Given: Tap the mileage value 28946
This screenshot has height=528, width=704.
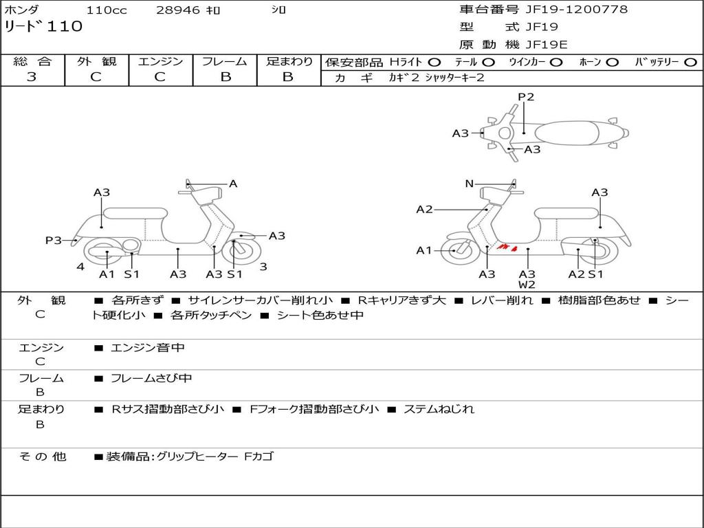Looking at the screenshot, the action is coord(177,10).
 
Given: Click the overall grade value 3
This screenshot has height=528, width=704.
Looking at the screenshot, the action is coord(32,77).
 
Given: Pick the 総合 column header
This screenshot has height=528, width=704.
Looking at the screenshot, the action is coord(32,61).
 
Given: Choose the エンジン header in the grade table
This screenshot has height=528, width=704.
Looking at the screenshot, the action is coord(160,61).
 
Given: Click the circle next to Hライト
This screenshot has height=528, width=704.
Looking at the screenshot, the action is coord(434,62).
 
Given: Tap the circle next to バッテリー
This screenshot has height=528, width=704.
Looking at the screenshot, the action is coord(690,62).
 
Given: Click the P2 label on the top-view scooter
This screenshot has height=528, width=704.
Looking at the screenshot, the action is coord(526,97).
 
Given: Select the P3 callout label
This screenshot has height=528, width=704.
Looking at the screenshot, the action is coord(54,240).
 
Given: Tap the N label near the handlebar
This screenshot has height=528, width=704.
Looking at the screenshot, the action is coord(470,184).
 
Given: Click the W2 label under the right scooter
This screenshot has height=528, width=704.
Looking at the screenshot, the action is coord(527,285).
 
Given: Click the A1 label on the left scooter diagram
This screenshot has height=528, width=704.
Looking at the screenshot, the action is coord(107,274).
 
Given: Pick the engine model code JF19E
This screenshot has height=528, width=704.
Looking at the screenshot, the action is coord(547,45).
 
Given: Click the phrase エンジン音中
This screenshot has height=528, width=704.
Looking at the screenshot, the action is coord(148,348).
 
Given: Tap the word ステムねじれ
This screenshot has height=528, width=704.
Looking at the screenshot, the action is coord(439,409).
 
